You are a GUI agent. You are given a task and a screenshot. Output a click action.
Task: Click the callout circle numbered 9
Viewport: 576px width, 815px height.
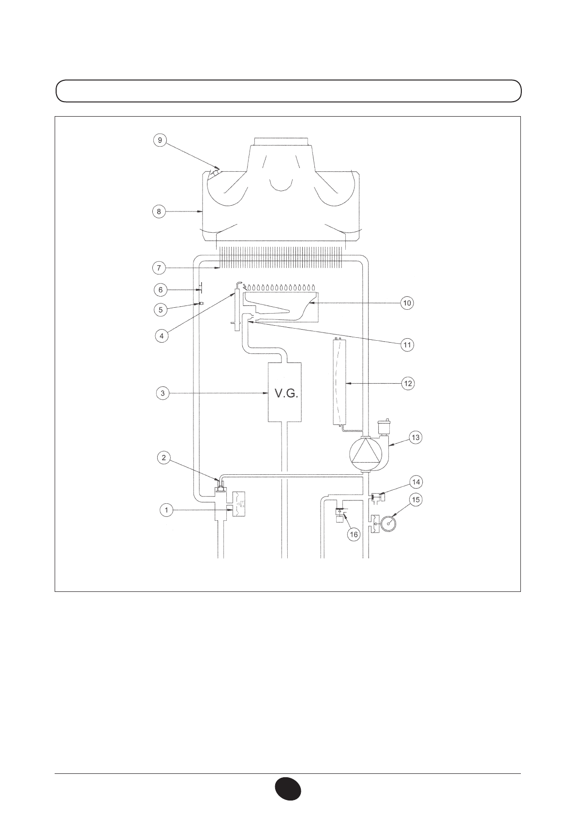160,140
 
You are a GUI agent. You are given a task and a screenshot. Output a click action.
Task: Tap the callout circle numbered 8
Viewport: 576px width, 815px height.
159,211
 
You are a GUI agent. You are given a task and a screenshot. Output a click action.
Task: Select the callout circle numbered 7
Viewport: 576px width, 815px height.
159,268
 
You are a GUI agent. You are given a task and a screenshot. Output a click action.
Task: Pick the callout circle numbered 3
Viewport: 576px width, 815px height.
162,393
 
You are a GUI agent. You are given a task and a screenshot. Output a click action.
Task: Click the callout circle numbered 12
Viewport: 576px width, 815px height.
408,383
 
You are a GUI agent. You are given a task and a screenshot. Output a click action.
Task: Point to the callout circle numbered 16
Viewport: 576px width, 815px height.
354,534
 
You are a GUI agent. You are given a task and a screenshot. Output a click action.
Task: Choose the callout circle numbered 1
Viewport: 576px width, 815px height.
166,510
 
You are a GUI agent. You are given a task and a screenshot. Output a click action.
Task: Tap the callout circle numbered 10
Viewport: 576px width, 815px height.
407,302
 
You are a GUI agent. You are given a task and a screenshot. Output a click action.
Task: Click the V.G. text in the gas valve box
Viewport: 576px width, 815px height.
286,393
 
